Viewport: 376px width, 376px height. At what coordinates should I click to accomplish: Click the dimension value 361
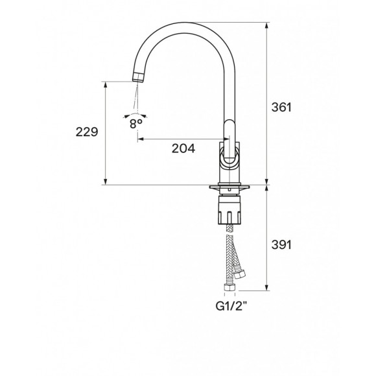[x=281, y=107]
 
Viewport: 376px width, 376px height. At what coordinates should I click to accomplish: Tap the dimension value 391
[x=281, y=245]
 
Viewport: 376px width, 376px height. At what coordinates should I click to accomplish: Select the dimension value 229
[x=87, y=132]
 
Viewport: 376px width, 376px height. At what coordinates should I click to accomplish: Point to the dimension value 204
[x=183, y=148]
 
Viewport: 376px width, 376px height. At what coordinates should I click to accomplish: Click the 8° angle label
[x=135, y=124]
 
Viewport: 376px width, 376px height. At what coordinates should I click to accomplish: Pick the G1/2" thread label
[x=231, y=306]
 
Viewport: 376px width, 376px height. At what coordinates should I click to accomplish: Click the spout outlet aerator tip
[x=138, y=77]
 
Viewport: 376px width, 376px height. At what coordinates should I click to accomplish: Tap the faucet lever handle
[x=229, y=143]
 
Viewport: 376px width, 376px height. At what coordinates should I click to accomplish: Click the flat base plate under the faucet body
[x=229, y=187]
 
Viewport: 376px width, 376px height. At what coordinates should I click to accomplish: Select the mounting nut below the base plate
[x=229, y=210]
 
